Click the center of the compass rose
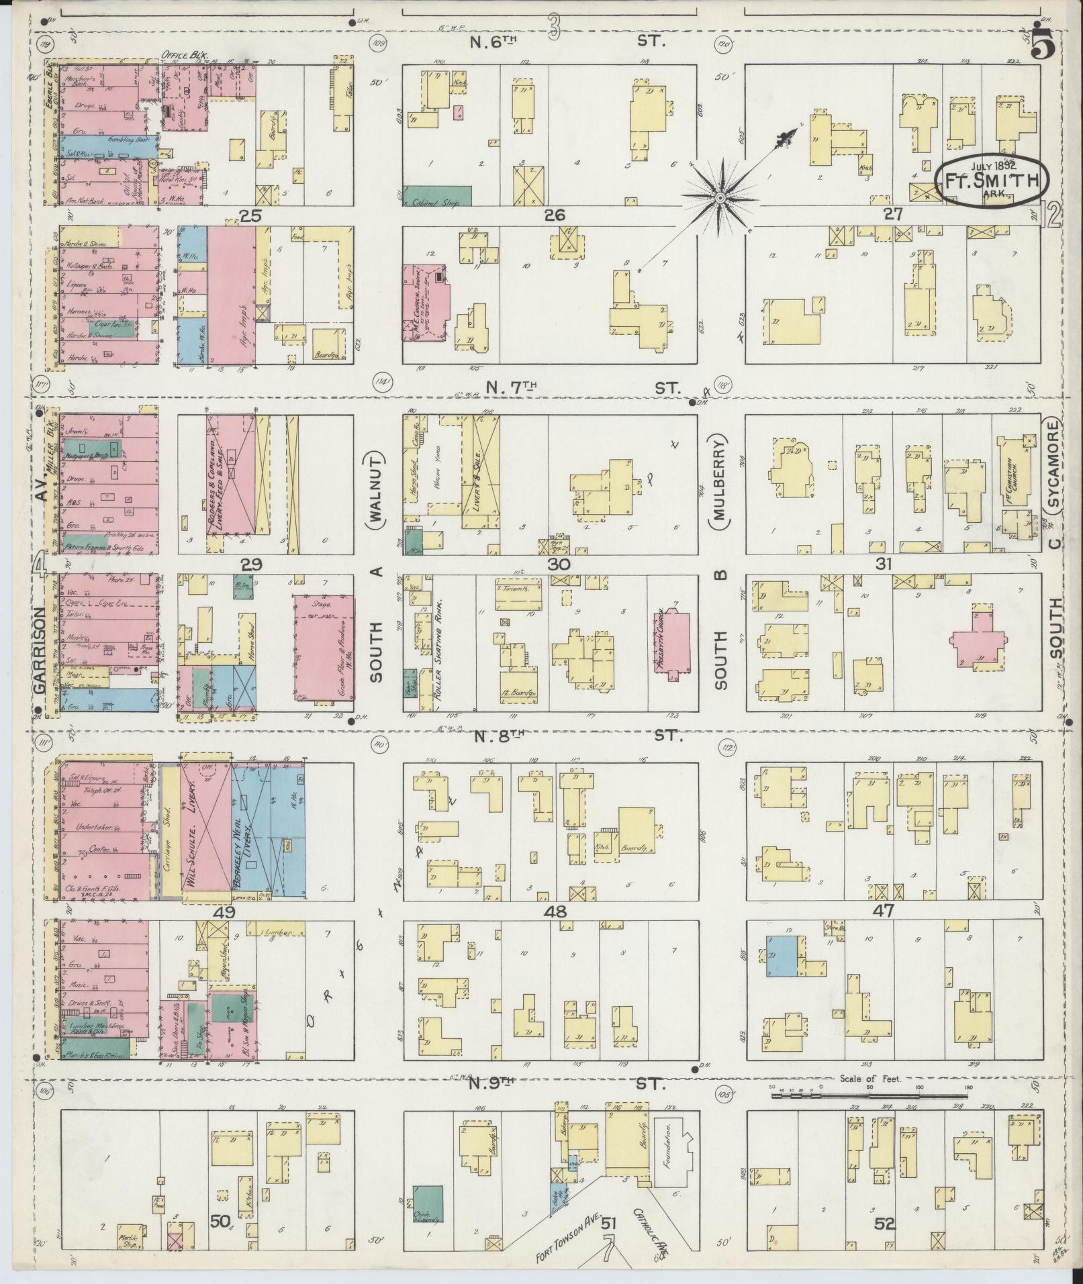[x=719, y=197]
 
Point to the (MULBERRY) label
[x=722, y=474]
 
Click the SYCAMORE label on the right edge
[x=1054, y=464]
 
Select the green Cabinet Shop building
[x=436, y=195]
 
